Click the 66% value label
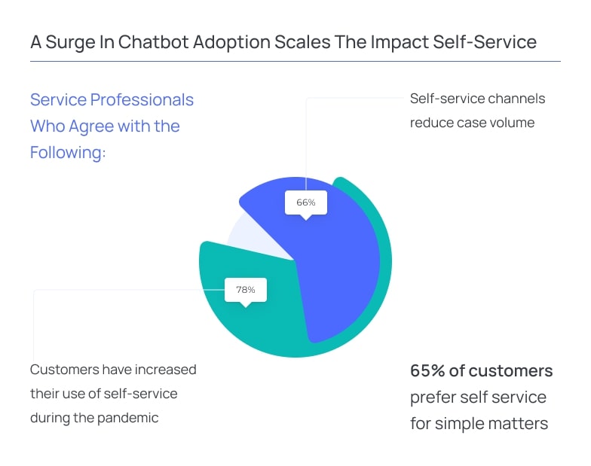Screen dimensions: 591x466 [306, 203]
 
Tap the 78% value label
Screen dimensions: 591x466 [246, 289]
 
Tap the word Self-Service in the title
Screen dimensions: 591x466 [485, 42]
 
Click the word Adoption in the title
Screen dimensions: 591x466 [232, 42]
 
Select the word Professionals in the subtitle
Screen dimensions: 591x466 [142, 99]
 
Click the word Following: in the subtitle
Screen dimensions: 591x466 [68, 153]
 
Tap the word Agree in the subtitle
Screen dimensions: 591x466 [91, 126]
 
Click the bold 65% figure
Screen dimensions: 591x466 [428, 370]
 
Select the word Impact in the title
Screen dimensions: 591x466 [400, 42]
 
